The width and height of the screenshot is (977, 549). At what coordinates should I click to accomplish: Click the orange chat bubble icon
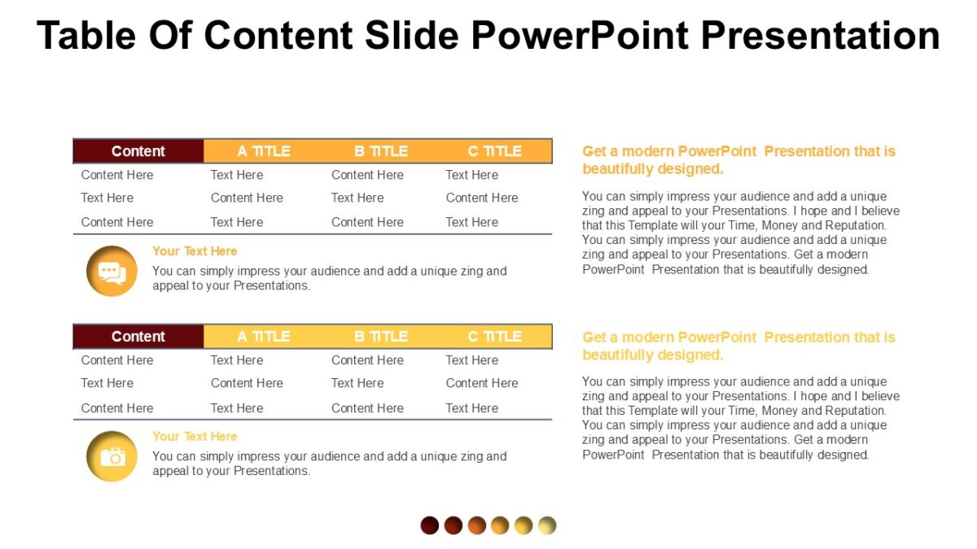point(112,272)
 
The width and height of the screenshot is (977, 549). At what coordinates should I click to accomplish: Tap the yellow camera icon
point(112,456)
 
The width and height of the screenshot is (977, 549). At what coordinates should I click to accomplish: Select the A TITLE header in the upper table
point(264,151)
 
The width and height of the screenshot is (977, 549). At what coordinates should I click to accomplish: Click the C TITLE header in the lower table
point(494,337)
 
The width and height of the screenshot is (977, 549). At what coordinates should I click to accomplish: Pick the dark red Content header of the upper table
point(138,151)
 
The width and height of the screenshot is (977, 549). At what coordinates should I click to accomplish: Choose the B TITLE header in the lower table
point(381,337)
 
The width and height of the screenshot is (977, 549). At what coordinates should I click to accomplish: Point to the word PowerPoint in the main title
point(579,35)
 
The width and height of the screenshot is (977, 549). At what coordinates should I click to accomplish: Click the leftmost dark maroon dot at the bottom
point(430,525)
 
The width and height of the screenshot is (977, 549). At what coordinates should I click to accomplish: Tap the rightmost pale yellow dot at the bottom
point(547,525)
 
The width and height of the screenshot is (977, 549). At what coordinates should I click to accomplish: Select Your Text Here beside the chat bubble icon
point(195,251)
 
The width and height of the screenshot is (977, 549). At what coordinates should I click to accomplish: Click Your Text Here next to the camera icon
point(195,437)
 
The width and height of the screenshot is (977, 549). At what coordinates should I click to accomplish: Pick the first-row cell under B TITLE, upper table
point(367,175)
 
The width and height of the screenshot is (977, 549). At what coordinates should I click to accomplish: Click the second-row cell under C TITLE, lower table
point(481,383)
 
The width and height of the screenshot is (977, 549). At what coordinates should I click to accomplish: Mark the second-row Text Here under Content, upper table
point(107,198)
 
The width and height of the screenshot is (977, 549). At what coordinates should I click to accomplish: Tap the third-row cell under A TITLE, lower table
point(237,408)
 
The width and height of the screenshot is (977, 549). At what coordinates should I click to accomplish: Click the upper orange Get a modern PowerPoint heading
point(738,160)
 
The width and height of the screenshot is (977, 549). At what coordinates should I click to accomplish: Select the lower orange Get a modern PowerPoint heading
point(738,346)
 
